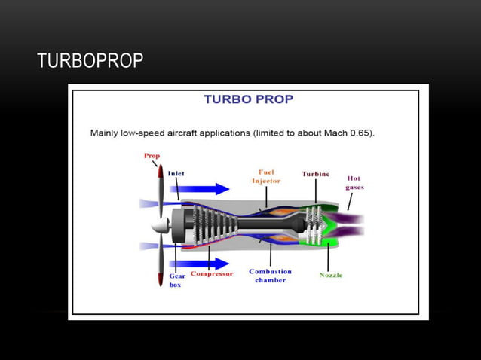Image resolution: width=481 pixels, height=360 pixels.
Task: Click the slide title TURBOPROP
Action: (90, 61)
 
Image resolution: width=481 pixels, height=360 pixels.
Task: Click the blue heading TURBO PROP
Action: (248, 99)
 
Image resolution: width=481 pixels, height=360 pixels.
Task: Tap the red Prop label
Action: (152, 156)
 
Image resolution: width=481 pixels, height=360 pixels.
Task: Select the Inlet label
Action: (176, 173)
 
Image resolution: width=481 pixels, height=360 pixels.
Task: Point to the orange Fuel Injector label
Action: (265, 176)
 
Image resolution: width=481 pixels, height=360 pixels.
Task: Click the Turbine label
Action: (315, 174)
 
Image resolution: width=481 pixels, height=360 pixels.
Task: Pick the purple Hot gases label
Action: (354, 182)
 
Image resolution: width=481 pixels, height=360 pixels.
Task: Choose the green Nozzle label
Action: (330, 275)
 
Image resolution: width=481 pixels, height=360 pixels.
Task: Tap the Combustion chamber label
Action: (270, 276)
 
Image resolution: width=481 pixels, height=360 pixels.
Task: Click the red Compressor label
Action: (211, 273)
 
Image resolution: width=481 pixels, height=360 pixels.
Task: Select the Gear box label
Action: (176, 280)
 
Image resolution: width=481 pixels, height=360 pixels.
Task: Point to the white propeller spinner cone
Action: (158, 226)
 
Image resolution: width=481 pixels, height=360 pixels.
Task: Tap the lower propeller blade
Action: (160, 264)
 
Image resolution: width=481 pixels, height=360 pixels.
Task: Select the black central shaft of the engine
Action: (264, 224)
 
